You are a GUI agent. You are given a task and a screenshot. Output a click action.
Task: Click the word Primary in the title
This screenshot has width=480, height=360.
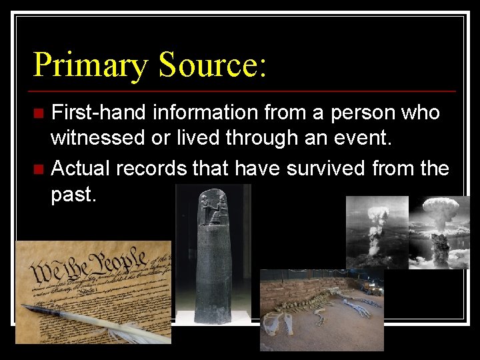91,65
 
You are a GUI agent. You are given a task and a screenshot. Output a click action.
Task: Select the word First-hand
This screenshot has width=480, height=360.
99,113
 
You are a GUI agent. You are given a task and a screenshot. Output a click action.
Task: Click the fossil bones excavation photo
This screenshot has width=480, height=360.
321,309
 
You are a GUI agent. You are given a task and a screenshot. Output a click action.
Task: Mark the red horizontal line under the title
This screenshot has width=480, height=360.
244,91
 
